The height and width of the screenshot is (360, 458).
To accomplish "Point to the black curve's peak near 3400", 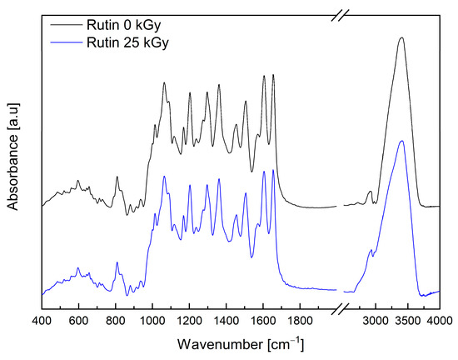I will [x=401, y=37].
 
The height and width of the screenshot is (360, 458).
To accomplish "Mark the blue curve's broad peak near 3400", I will [x=401, y=141].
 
